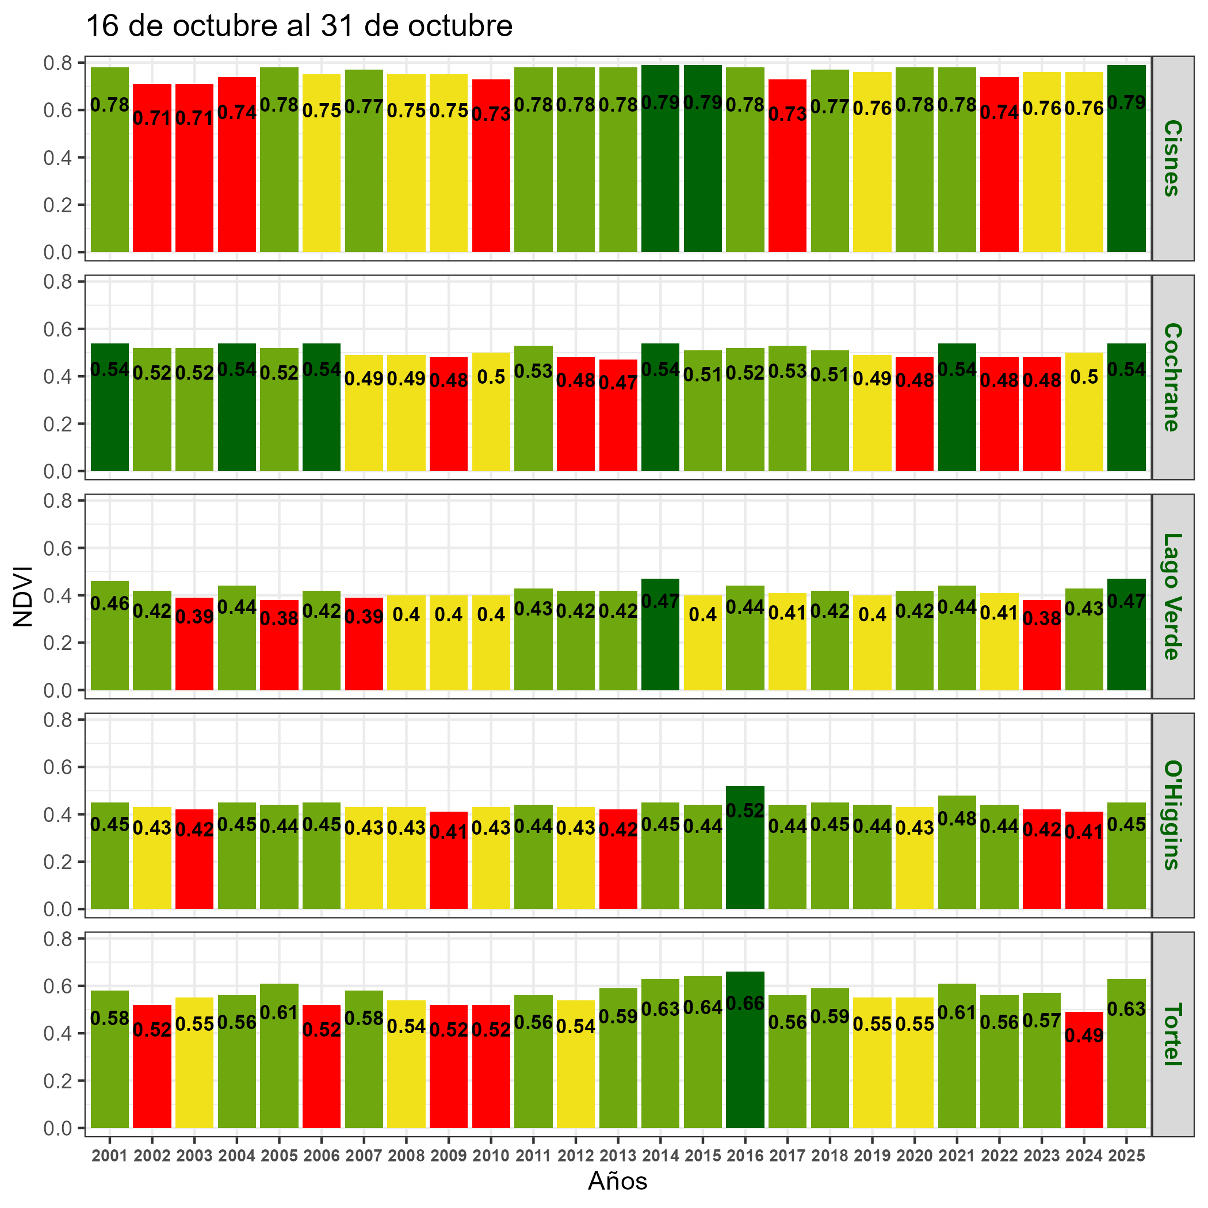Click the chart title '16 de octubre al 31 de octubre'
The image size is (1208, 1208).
point(299,27)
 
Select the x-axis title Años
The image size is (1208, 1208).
point(617,1180)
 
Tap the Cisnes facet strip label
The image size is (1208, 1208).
point(1172,158)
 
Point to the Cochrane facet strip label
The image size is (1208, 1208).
point(1172,377)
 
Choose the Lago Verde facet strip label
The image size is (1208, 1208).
point(1172,596)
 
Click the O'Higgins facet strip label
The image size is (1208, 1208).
point(1172,815)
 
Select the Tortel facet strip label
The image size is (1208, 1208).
point(1172,1034)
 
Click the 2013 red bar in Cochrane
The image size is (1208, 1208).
point(618,425)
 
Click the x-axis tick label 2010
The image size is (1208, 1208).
point(491,1156)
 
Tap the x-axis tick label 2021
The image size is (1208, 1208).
point(957,1156)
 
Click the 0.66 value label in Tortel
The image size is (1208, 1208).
point(745,1004)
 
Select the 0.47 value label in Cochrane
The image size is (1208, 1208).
point(618,383)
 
